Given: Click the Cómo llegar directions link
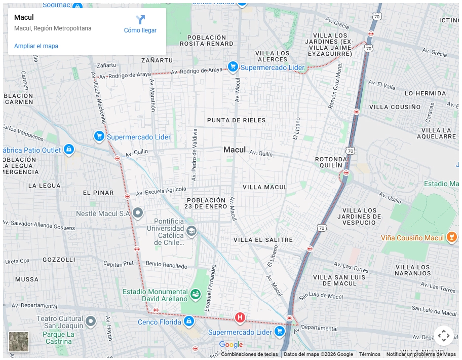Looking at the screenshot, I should point(140,24).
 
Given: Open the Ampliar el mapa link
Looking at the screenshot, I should point(36,46).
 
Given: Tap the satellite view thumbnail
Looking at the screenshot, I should point(19,341).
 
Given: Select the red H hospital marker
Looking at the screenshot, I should point(240,318).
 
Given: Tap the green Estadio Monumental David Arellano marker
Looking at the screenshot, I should point(196,294).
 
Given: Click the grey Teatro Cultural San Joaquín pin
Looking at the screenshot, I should point(91,321).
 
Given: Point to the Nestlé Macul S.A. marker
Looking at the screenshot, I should point(138,212).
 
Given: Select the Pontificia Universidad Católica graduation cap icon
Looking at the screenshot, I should point(191,232).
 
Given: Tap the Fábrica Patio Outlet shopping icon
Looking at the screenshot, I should point(69,150).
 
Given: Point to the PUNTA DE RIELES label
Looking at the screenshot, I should point(236,120).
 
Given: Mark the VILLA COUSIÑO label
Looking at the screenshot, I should point(395,107).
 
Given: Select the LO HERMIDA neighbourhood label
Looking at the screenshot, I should point(426,93).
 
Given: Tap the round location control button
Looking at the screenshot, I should point(443,336).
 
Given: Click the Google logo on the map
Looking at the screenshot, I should point(231,345).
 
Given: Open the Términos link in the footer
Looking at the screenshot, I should point(369,354).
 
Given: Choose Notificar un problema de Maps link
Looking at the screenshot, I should point(421,354).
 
